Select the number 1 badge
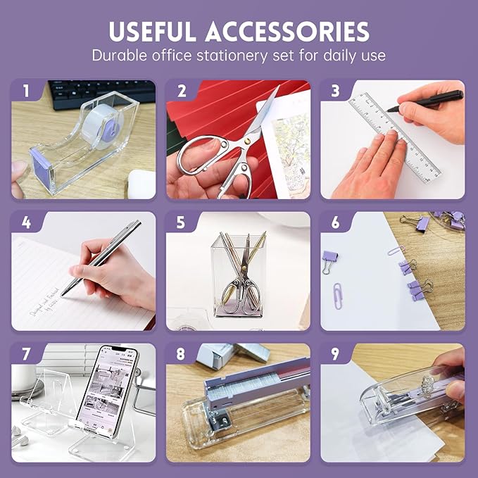[x=26, y=91]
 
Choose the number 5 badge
[x=181, y=223]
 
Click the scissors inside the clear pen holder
[x=244, y=282]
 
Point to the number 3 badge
[x=335, y=91]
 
